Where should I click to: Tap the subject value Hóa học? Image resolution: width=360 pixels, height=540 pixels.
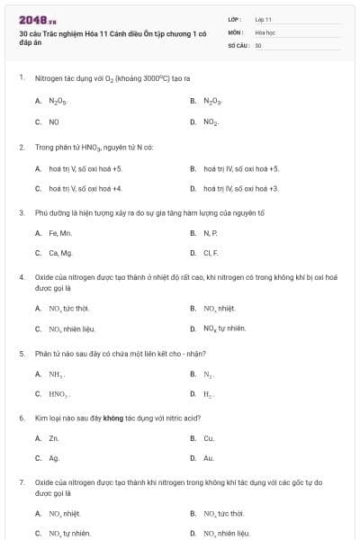265,31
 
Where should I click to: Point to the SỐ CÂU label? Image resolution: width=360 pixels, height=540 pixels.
238,44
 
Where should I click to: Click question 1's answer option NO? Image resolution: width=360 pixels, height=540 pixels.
54,121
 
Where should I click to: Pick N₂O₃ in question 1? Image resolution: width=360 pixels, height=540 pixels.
213,101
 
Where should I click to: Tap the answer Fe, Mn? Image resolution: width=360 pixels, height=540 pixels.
60,233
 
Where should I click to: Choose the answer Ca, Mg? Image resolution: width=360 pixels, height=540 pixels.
60,253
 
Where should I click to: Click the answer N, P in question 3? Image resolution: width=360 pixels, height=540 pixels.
210,233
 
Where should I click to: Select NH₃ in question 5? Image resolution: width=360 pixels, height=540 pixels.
56,373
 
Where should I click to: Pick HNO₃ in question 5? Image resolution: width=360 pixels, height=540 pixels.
58,394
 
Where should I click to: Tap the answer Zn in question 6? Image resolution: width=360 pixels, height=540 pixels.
54,438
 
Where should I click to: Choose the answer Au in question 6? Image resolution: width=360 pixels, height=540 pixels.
209,458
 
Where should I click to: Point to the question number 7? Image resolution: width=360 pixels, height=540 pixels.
22,482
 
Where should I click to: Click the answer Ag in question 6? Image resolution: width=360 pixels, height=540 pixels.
54,458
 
